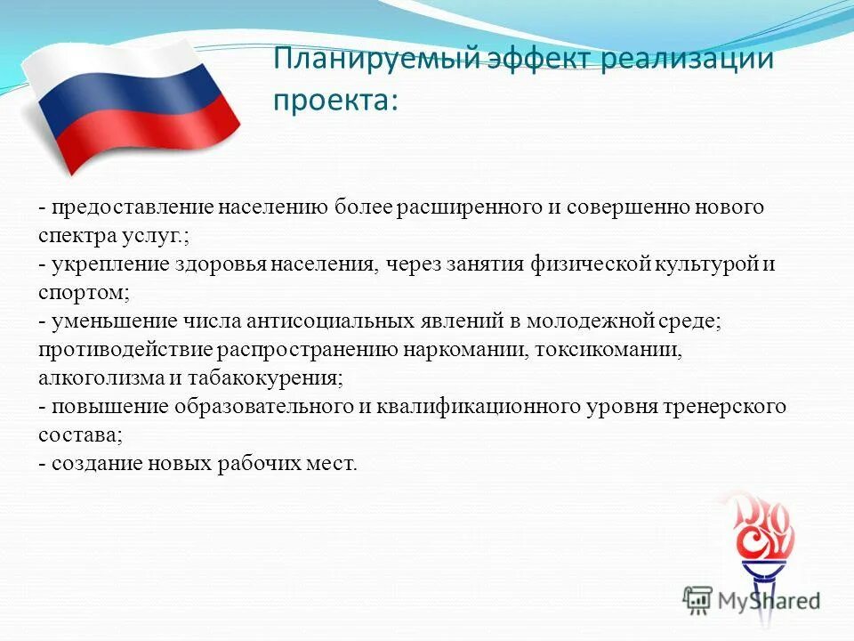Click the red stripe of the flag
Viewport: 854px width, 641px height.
coord(147,134)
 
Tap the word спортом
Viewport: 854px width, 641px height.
coord(83,293)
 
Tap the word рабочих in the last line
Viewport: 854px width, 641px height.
coord(257,463)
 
